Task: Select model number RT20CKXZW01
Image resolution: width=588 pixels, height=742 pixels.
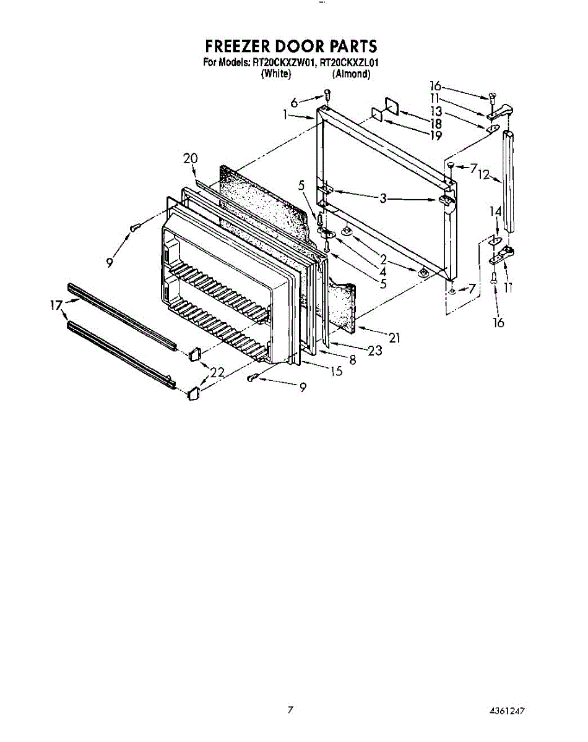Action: [x=282, y=62]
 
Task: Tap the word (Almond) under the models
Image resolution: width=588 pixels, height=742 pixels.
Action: [x=351, y=74]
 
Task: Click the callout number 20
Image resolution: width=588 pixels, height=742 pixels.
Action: [x=190, y=159]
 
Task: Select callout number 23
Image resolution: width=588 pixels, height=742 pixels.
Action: [x=375, y=351]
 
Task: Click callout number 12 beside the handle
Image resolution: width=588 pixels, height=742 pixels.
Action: [x=484, y=175]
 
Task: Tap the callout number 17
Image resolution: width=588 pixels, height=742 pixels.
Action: [x=56, y=305]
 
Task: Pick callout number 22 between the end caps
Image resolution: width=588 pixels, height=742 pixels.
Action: [x=217, y=372]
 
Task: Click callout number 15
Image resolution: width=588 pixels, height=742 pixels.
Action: [x=336, y=371]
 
